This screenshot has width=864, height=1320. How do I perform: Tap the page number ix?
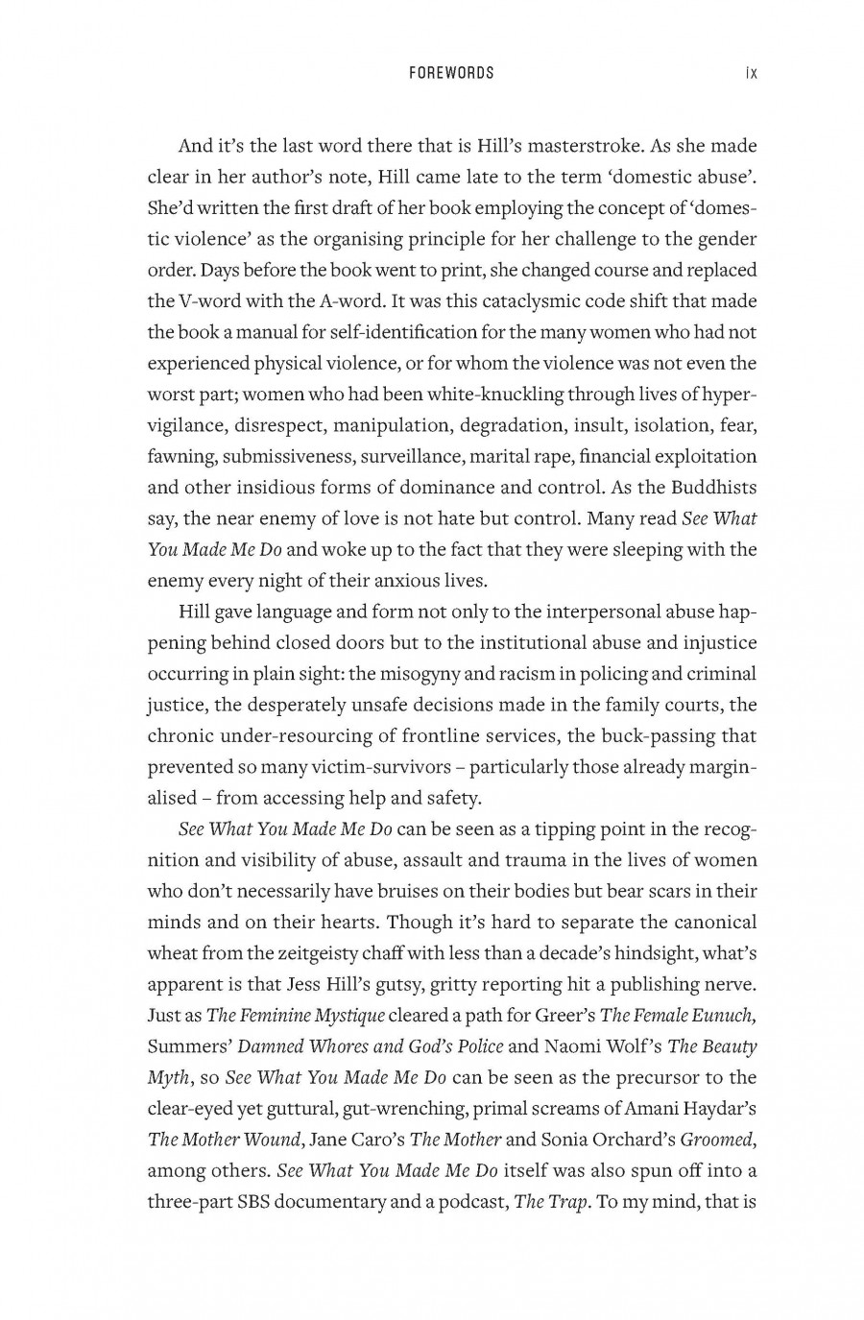click(x=751, y=73)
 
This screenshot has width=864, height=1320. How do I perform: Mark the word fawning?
click(x=180, y=456)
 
